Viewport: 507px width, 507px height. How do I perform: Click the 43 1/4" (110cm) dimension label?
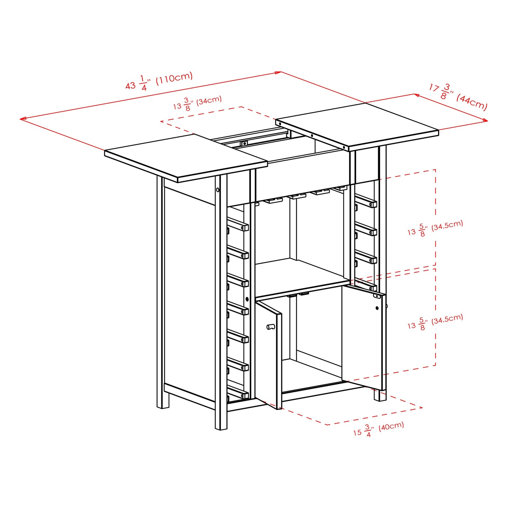[x=159, y=81]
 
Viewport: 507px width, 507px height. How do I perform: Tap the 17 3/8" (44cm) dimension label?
[x=458, y=96]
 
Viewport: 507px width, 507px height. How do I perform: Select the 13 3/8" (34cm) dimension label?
[x=197, y=103]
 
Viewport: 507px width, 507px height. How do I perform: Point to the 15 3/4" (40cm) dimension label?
[x=379, y=428]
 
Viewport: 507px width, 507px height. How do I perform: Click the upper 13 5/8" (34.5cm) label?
[x=435, y=228]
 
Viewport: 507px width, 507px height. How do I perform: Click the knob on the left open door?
[x=271, y=327]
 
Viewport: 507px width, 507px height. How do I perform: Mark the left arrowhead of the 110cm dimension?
[x=21, y=119]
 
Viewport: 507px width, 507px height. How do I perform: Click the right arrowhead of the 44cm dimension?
[x=487, y=121]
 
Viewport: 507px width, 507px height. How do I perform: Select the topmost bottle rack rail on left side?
[x=238, y=225]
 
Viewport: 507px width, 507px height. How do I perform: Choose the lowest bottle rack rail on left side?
[x=238, y=393]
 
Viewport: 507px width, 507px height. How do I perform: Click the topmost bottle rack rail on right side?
[x=367, y=201]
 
